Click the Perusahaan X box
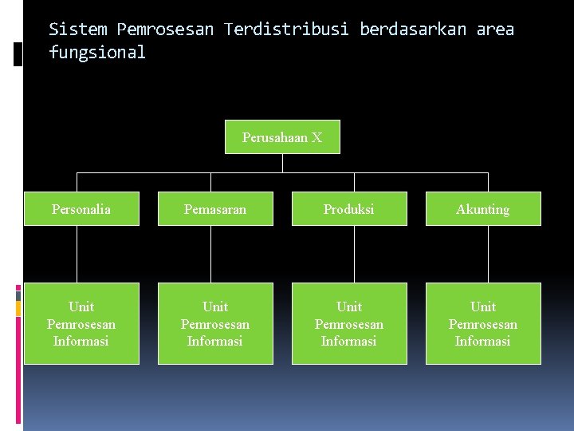(x=283, y=137)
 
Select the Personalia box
(x=81, y=209)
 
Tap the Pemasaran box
(x=215, y=209)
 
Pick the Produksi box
(x=349, y=209)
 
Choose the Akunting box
(x=483, y=209)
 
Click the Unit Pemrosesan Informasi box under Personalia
(x=81, y=323)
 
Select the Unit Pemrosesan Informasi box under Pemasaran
(x=215, y=323)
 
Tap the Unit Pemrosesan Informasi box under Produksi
(x=349, y=323)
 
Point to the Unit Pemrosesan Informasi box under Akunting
(x=483, y=323)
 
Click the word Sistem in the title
(x=78, y=30)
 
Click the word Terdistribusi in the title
(x=286, y=30)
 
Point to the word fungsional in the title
(x=97, y=53)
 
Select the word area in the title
(x=495, y=30)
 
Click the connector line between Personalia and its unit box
(x=77, y=254)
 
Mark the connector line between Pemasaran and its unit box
(x=211, y=254)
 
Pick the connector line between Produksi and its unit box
(x=345, y=254)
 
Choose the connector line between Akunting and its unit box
(x=479, y=254)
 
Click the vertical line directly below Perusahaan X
(x=283, y=163)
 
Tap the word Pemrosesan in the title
(x=165, y=30)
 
